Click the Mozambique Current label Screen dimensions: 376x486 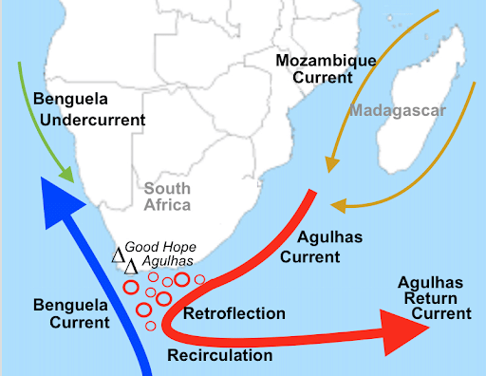pyautogui.click(x=326, y=68)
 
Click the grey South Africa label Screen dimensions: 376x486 pyautogui.click(x=167, y=197)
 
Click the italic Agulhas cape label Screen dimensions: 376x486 pyautogui.click(x=167, y=261)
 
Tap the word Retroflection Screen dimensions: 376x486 pyautogui.click(x=234, y=313)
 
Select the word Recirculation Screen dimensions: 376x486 pyautogui.click(x=219, y=355)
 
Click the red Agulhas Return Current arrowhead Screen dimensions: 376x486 pyautogui.click(x=407, y=332)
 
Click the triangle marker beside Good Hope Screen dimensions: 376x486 pyautogui.click(x=119, y=254)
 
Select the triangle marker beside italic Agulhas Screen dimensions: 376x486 pyautogui.click(x=130, y=267)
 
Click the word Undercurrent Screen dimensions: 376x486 pyautogui.click(x=88, y=120)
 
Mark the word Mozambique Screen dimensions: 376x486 pyautogui.click(x=326, y=60)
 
